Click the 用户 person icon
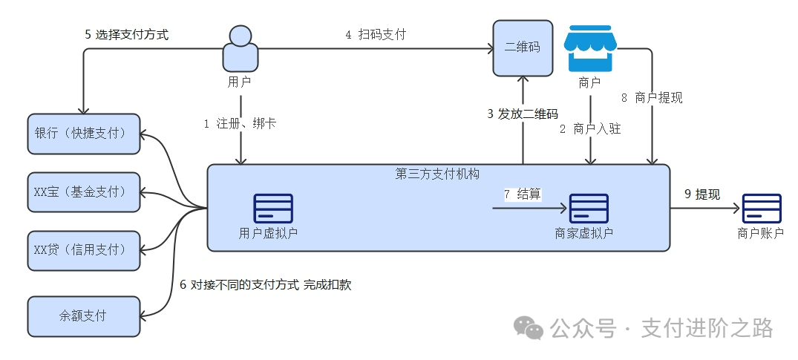[241, 48]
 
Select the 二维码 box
[523, 48]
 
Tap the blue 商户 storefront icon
[589, 48]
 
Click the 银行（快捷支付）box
[83, 134]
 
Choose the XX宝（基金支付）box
[83, 192]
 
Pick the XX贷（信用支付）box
[83, 250]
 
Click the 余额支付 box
[83, 315]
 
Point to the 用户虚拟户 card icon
[273, 209]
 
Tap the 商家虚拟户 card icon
[589, 209]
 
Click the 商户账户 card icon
[762, 209]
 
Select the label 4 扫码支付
[376, 34]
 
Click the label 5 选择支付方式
[127, 34]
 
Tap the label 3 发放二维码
[522, 114]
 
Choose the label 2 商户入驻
[590, 128]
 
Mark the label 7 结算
[523, 194]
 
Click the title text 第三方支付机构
[437, 174]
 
